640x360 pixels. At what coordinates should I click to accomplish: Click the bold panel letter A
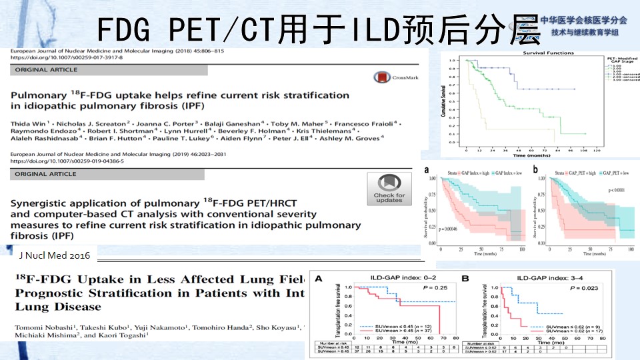pyautogui.click(x=321, y=278)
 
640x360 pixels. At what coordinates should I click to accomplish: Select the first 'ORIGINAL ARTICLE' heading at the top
pyautogui.click(x=42, y=69)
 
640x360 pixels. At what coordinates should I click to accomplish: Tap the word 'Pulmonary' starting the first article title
pyautogui.click(x=41, y=95)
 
